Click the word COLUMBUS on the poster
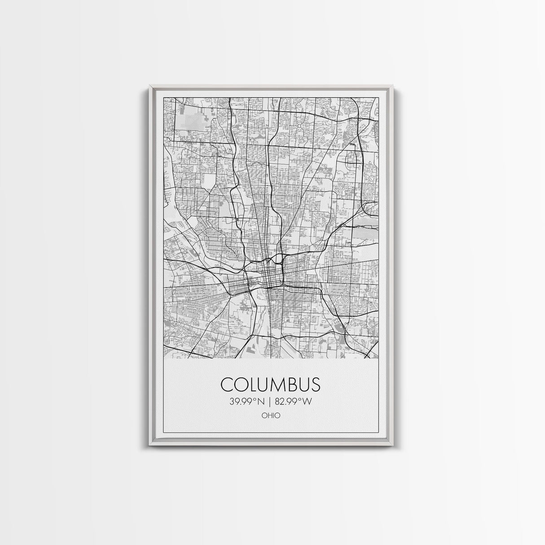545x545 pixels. [x=270, y=385]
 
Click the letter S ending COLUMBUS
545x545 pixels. [x=316, y=385]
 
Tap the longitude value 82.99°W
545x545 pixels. [x=294, y=402]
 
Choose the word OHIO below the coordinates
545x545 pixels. [x=271, y=416]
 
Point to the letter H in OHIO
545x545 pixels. [x=269, y=416]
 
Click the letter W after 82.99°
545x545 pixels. [x=307, y=402]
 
